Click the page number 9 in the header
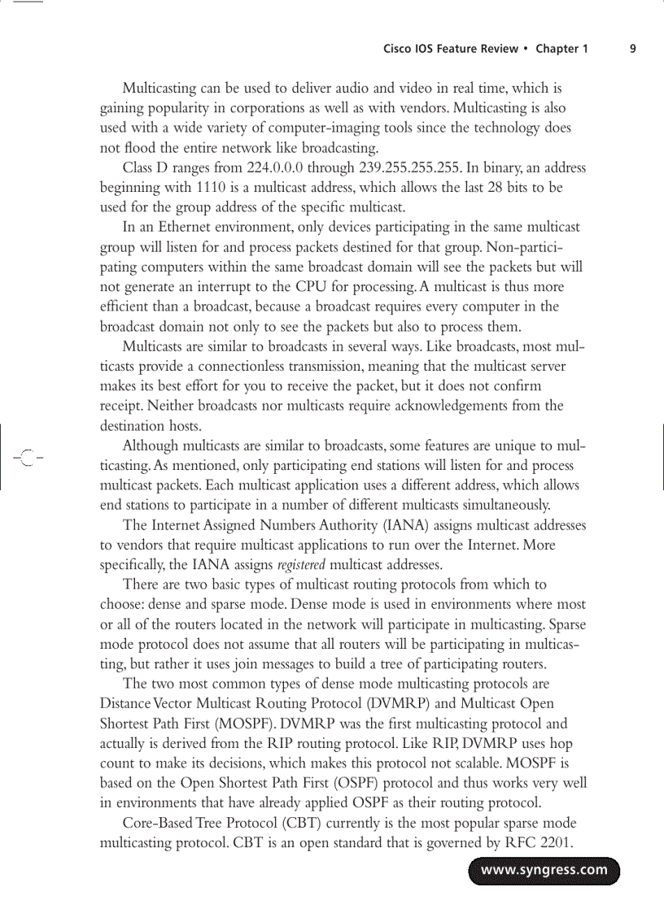pyautogui.click(x=633, y=49)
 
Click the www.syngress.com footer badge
pyautogui.click(x=544, y=870)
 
